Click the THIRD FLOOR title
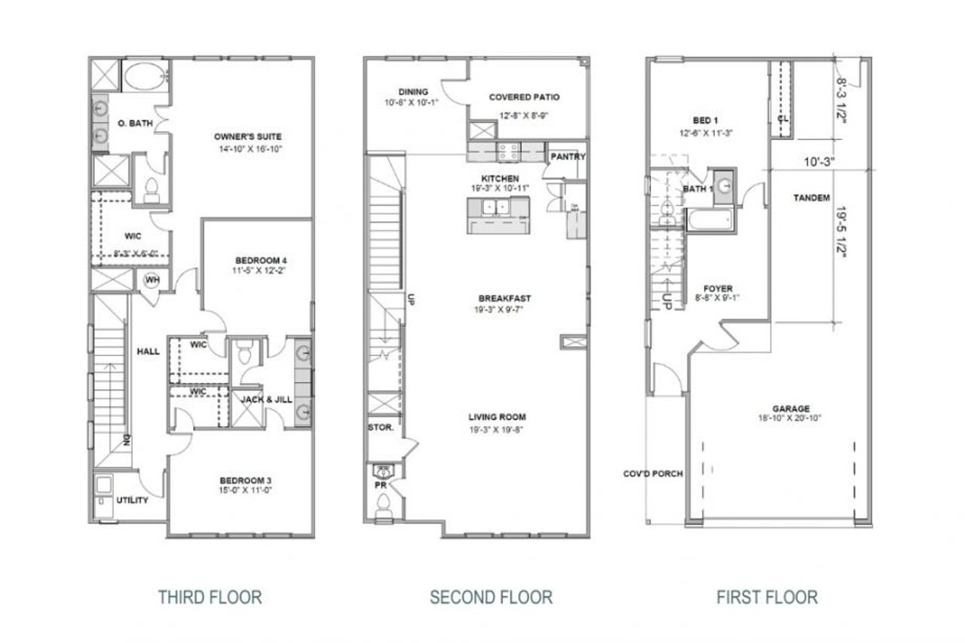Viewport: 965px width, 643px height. [210, 598]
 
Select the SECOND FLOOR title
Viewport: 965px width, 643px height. [491, 598]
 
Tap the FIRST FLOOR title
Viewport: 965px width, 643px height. [767, 598]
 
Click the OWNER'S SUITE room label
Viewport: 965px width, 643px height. [247, 136]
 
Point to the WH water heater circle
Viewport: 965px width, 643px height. [151, 280]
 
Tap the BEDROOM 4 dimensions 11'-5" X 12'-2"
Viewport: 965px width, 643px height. [259, 269]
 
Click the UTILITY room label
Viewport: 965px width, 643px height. [132, 501]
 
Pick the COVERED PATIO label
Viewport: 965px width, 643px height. [524, 97]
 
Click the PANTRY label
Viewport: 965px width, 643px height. [568, 157]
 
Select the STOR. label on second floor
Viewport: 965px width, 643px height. [381, 427]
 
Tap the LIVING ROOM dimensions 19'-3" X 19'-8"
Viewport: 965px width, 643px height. [496, 430]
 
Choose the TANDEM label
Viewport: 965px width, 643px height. [811, 197]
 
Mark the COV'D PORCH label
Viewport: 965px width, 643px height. [653, 474]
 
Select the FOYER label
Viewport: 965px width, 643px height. [718, 288]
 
